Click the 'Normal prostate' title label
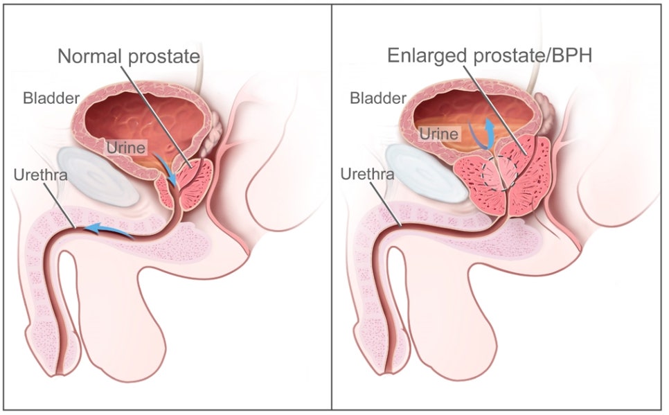129,56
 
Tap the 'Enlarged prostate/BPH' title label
490,55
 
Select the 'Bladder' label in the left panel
51,98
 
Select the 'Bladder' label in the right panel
378,98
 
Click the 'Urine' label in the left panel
126,148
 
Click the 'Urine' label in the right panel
438,134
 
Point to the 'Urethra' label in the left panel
41,175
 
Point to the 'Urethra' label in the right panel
367,174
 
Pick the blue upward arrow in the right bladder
490,132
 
